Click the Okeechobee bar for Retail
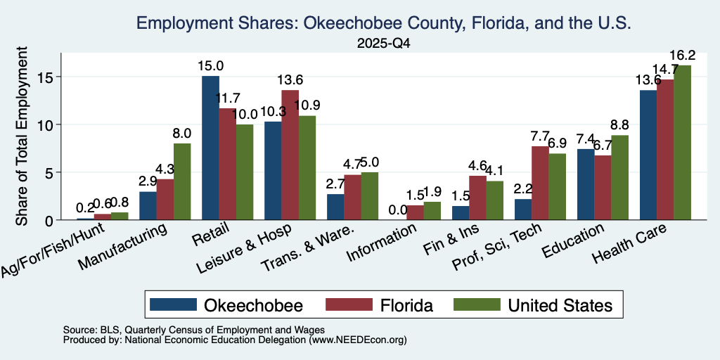pos(211,148)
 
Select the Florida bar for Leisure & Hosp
pos(290,155)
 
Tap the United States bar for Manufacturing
pos(182,182)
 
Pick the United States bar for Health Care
pos(682,143)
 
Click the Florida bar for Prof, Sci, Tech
pos(540,184)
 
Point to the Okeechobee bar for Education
pos(586,185)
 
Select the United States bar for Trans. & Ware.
pos(370,196)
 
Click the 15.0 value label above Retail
pos(209,65)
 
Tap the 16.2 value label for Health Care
pos(682,55)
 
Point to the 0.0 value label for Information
pos(398,210)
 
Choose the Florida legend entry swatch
pos(349,304)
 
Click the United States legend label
pos(560,305)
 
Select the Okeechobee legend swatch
pos(173,304)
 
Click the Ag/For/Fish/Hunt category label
pos(53,250)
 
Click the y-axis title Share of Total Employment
pos(22,136)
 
